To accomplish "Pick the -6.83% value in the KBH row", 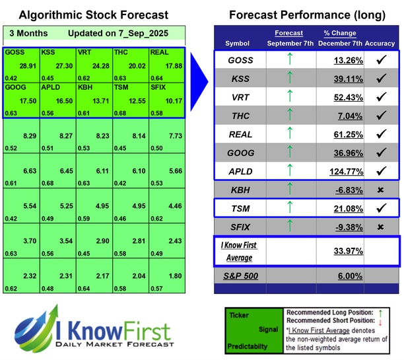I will click(x=347, y=191).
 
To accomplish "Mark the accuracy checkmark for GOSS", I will click(x=380, y=60).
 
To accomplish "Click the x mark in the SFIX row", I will click(x=380, y=228).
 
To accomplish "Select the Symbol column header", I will click(x=238, y=43).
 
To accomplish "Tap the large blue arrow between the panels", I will click(x=198, y=72).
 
